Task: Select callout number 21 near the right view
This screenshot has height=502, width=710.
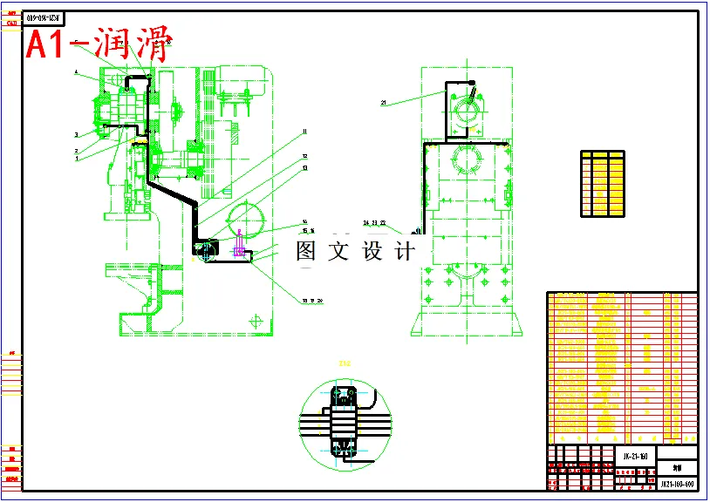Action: point(383,103)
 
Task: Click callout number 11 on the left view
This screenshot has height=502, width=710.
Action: point(305,132)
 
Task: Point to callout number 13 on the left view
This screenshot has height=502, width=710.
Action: point(305,168)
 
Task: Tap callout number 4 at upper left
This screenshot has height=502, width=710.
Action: point(76,71)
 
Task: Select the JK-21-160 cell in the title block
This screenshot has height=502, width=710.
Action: point(634,457)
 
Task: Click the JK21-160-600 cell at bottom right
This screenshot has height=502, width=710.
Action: point(676,482)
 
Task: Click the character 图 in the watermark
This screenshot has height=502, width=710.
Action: point(305,252)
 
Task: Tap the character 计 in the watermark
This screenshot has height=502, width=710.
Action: point(405,252)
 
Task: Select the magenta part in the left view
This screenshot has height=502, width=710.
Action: point(238,248)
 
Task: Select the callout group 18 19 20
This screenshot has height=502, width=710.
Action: point(311,301)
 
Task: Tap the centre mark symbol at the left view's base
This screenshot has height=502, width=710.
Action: point(256,322)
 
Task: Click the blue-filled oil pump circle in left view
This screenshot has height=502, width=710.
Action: point(208,253)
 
